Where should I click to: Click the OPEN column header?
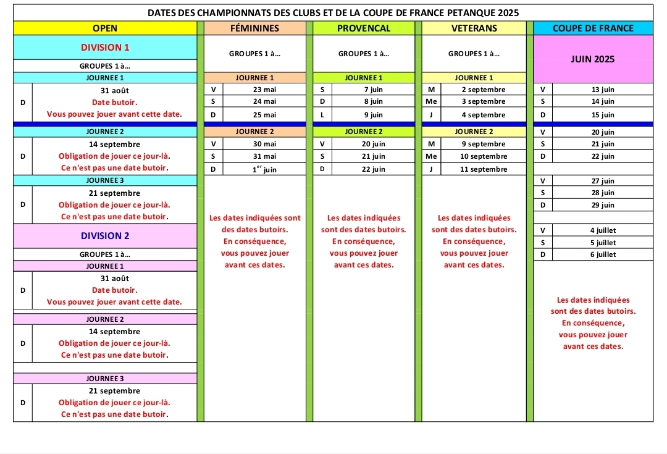pyautogui.click(x=105, y=28)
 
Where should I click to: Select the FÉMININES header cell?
pyautogui.click(x=254, y=28)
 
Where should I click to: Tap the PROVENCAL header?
pyautogui.click(x=364, y=28)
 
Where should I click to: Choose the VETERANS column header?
pyautogui.click(x=474, y=28)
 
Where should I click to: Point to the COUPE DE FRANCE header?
pyautogui.click(x=593, y=28)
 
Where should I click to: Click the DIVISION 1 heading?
pyautogui.click(x=105, y=47)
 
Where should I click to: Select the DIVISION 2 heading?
pyautogui.click(x=105, y=235)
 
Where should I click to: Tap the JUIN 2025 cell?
pyautogui.click(x=593, y=59)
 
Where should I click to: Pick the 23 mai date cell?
pyautogui.click(x=264, y=90)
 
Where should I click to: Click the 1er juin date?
pyautogui.click(x=264, y=169)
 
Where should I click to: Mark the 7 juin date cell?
pyautogui.click(x=373, y=90)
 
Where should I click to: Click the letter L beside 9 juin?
pyautogui.click(x=322, y=115)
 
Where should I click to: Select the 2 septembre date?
pyautogui.click(x=483, y=90)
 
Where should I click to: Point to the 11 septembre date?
pyautogui.click(x=483, y=169)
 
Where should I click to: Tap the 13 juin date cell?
pyautogui.click(x=602, y=90)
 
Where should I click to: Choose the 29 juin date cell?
pyautogui.click(x=602, y=204)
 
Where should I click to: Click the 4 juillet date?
pyautogui.click(x=602, y=230)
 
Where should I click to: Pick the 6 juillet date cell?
pyautogui.click(x=602, y=254)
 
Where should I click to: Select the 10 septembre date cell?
pyautogui.click(x=483, y=156)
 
